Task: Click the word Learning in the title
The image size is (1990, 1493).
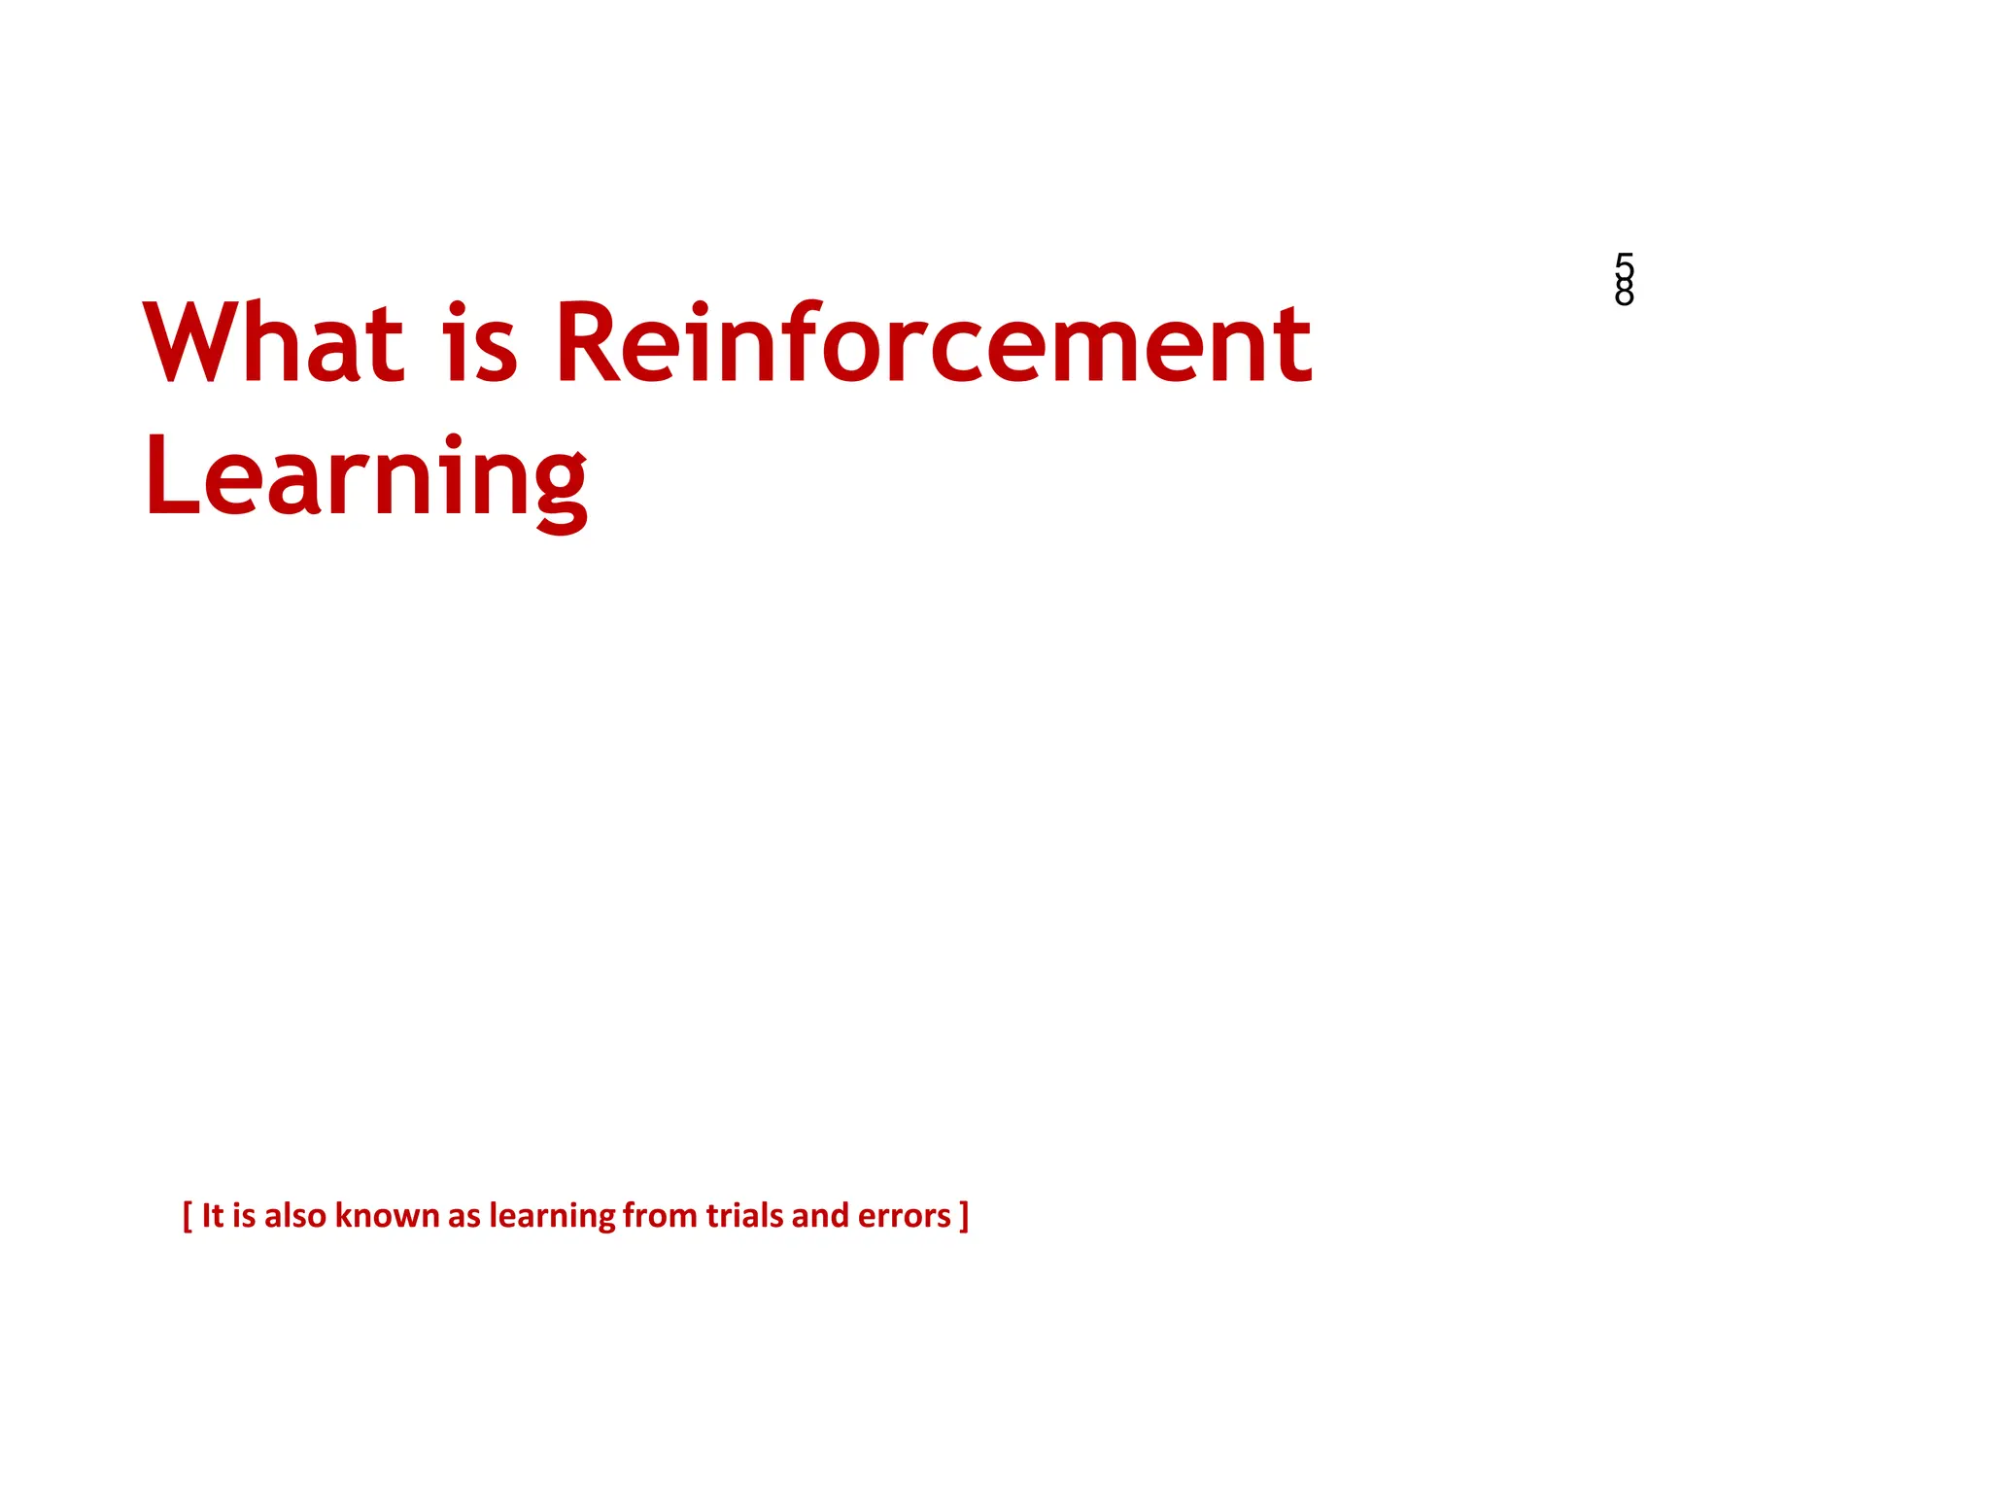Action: click(x=366, y=478)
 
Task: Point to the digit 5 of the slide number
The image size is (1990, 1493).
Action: click(x=1624, y=265)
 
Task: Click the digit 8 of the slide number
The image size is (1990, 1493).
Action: click(x=1624, y=293)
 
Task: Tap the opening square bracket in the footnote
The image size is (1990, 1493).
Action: click(x=188, y=1216)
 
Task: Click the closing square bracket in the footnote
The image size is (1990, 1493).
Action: click(x=964, y=1216)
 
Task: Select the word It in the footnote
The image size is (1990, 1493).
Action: click(x=213, y=1216)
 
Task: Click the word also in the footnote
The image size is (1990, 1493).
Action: click(x=294, y=1216)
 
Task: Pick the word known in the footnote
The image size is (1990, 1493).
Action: click(x=387, y=1216)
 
